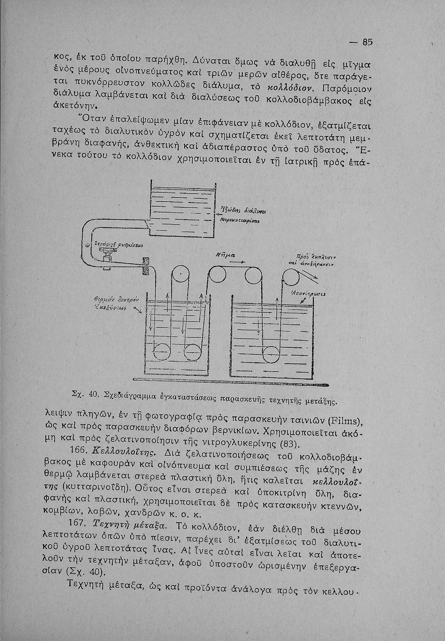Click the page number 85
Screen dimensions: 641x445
(367, 42)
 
